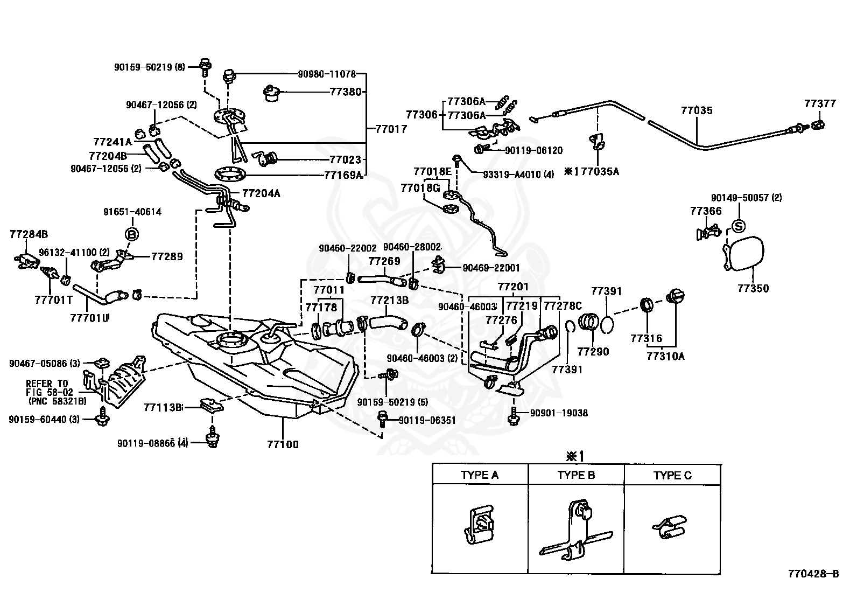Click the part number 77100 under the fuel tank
[283, 444]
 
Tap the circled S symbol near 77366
[739, 226]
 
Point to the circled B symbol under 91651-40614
[132, 234]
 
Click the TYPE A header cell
[480, 475]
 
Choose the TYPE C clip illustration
[670, 527]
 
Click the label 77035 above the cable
[697, 110]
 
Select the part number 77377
[820, 103]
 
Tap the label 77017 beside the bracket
[391, 129]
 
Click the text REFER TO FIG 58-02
[49, 387]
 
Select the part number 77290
[593, 351]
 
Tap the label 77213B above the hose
[389, 300]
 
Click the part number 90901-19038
[559, 413]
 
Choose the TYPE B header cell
[576, 475]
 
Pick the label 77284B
[29, 234]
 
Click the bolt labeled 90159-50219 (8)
[206, 68]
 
